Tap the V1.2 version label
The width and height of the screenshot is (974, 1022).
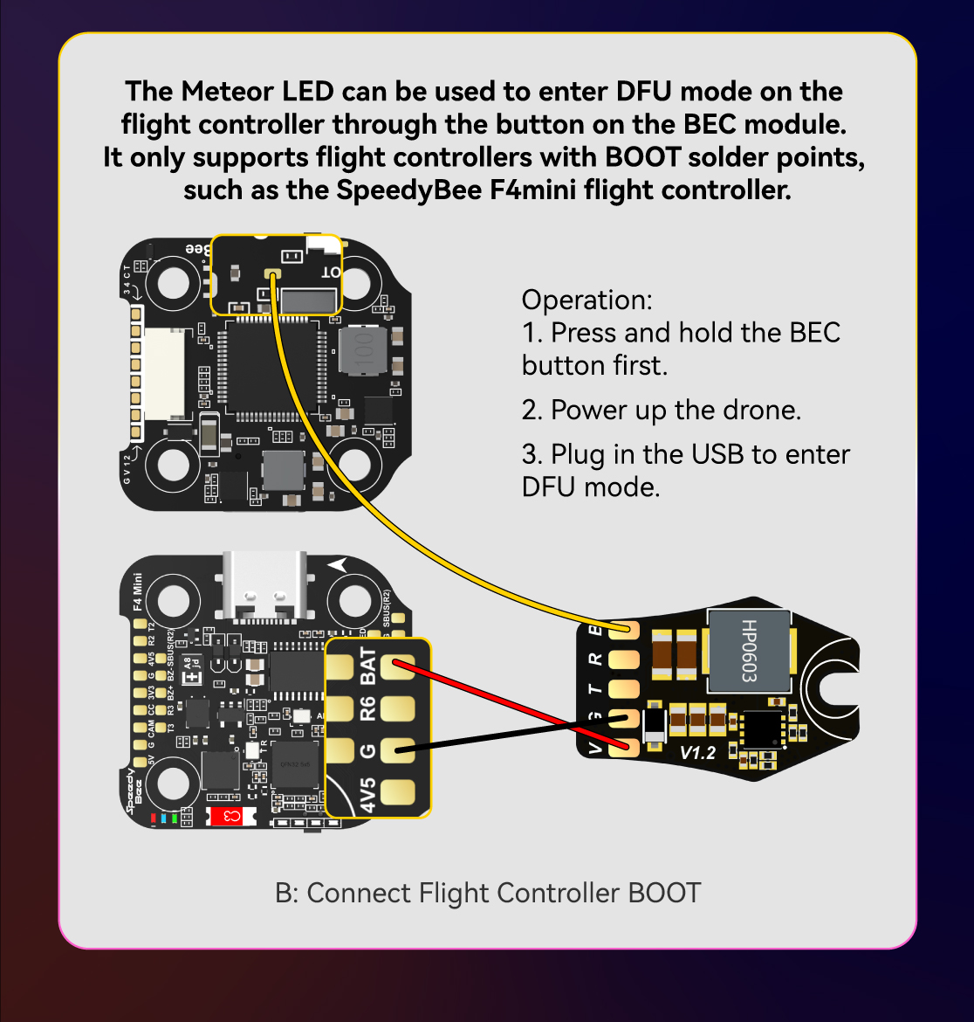coord(697,752)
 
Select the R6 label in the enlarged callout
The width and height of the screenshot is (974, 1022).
coord(367,708)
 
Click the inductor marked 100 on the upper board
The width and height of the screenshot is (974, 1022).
coord(364,351)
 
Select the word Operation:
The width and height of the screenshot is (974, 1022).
coord(586,300)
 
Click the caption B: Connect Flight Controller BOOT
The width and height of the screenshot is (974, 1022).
coord(487,893)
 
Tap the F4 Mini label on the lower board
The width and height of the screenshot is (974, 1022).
coord(137,591)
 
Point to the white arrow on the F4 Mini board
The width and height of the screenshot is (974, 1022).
coord(338,565)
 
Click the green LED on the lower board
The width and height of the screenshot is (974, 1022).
coord(175,818)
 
